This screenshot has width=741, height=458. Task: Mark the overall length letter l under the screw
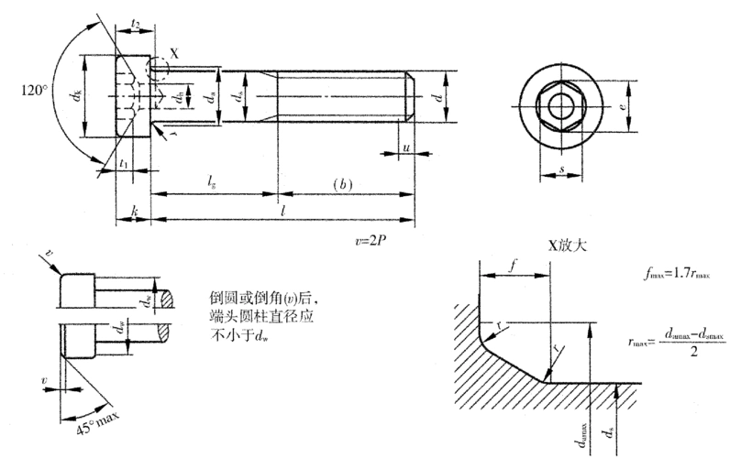[x=282, y=211]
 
